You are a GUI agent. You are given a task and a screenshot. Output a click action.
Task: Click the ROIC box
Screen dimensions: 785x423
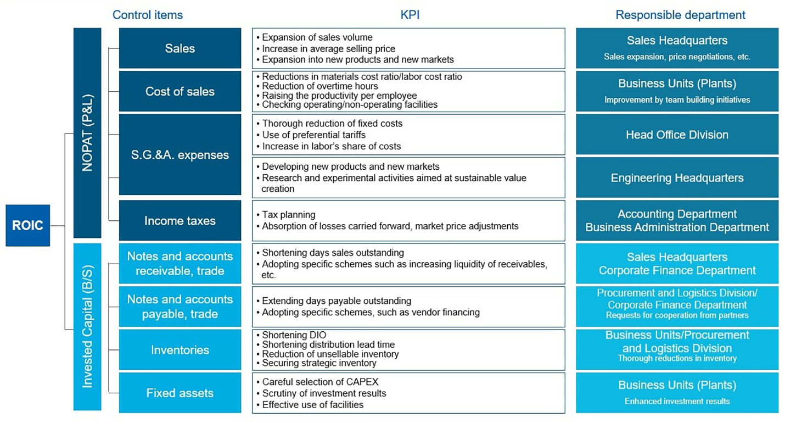pos(27,225)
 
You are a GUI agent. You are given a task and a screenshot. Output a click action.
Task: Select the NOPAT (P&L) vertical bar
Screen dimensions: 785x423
pos(87,133)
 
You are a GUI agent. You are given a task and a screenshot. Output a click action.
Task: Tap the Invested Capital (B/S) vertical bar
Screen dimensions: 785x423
pos(87,326)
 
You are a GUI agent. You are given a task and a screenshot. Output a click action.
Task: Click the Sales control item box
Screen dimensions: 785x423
pos(180,48)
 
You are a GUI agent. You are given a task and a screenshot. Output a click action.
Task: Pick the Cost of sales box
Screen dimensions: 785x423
pos(180,91)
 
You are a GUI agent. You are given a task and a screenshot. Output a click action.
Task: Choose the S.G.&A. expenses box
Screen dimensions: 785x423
pos(180,155)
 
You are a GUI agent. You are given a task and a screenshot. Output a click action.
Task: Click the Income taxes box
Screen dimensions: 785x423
pos(180,220)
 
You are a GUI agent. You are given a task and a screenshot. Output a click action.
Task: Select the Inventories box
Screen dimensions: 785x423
pos(180,350)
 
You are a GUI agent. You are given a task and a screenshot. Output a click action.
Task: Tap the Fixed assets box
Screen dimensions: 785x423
pos(180,393)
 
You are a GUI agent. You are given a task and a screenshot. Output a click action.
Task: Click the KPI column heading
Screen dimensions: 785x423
pos(410,15)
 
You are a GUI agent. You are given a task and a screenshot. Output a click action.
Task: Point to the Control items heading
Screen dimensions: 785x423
pos(148,15)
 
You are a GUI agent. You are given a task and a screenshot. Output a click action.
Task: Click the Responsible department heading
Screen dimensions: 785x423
pos(680,15)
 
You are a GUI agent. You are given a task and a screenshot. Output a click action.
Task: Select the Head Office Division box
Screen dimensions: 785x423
pos(677,135)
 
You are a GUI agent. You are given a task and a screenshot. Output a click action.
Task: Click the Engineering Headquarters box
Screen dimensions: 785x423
pos(677,177)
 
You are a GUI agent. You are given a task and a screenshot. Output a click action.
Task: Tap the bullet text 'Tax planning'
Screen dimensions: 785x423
pos(288,215)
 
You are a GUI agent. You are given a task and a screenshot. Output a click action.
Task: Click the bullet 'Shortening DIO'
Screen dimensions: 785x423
pos(294,335)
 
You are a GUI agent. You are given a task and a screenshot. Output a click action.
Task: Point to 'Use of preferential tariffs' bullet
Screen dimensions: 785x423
pos(313,135)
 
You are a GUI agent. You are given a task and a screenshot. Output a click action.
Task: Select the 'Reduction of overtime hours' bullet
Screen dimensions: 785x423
pos(320,86)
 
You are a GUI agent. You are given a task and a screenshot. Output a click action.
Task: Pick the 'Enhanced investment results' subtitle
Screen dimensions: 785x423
pos(677,401)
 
